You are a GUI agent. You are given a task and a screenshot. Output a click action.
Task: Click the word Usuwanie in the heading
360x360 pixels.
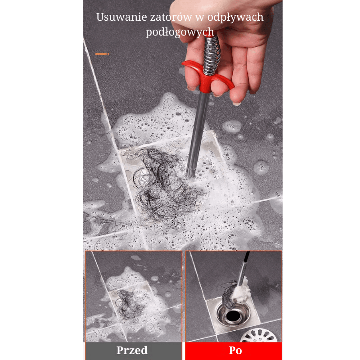click(x=121, y=17)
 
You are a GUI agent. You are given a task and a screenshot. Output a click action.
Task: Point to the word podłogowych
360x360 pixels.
click(x=180, y=32)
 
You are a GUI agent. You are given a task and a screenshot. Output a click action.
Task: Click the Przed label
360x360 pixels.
click(x=132, y=351)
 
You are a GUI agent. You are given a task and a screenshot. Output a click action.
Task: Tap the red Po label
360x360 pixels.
click(x=235, y=351)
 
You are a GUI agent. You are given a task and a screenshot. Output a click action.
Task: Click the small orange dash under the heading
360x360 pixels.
click(x=102, y=54)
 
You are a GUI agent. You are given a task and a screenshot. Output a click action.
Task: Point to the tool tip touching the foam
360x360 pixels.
click(x=191, y=173)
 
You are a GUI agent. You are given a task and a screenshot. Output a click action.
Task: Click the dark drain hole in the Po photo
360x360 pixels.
click(x=233, y=316)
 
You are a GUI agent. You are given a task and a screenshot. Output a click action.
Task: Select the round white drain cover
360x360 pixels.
click(x=259, y=335)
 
